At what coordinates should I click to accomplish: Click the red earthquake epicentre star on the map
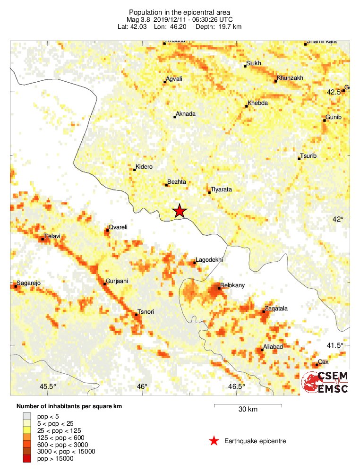[x=179, y=211]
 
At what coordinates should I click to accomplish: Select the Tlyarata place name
[x=222, y=189]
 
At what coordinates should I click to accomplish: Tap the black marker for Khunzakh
[x=275, y=81]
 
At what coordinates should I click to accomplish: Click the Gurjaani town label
[x=117, y=281]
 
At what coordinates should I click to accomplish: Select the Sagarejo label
[x=29, y=283]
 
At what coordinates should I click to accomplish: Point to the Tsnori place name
[x=147, y=311]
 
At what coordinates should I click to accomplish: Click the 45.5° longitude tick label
[x=48, y=386]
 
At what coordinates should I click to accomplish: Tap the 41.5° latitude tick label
[x=336, y=345]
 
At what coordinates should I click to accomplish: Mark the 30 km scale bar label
[x=248, y=410]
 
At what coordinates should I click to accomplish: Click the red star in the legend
[x=214, y=441]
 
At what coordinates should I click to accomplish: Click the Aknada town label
[x=185, y=114]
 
